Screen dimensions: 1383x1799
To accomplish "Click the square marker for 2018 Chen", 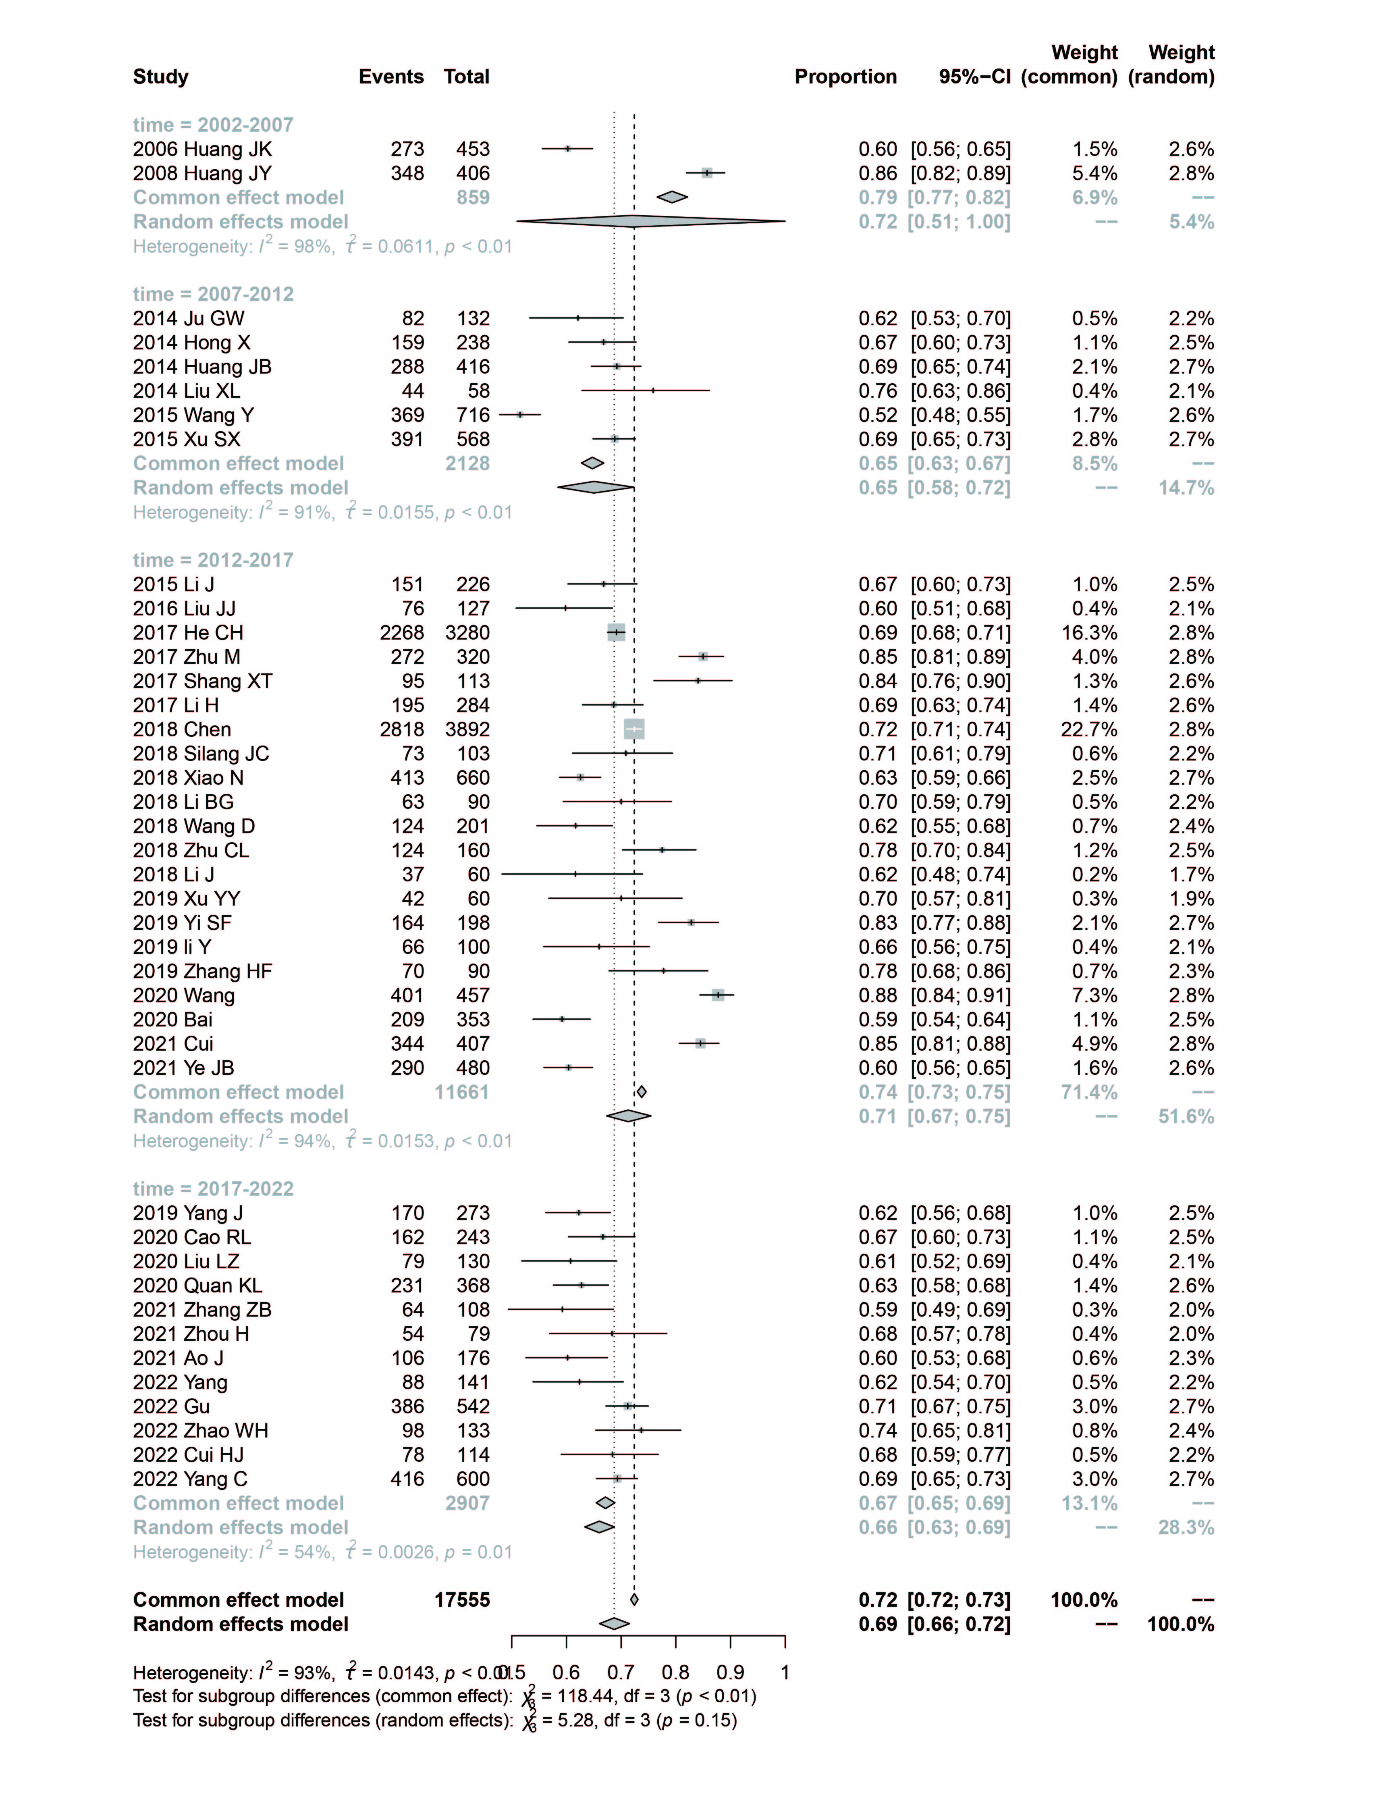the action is (634, 729).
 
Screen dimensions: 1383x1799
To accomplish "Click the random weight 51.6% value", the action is (1186, 1116).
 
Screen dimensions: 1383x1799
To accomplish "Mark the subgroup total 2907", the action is (467, 1504).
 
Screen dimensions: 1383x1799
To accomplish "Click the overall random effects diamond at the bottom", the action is (614, 1624).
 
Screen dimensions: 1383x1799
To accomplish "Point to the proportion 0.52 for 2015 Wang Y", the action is (878, 415).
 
